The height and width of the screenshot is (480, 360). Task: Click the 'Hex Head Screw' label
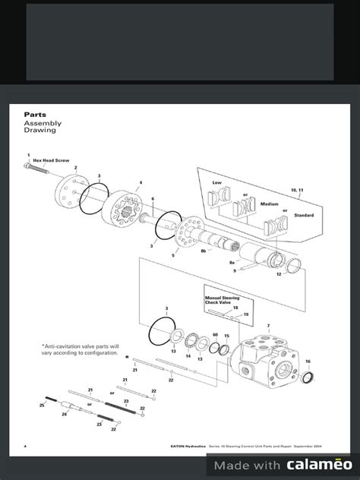click(49, 162)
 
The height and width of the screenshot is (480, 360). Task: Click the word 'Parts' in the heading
click(36, 114)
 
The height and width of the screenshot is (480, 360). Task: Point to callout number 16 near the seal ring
click(308, 362)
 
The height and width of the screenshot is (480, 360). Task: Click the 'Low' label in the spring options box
click(217, 183)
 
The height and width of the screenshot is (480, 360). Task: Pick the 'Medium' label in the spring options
click(270, 204)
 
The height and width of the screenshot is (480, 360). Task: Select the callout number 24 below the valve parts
click(64, 415)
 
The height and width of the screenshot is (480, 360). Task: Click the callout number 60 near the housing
click(216, 335)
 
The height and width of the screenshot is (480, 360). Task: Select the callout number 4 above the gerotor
click(140, 183)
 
